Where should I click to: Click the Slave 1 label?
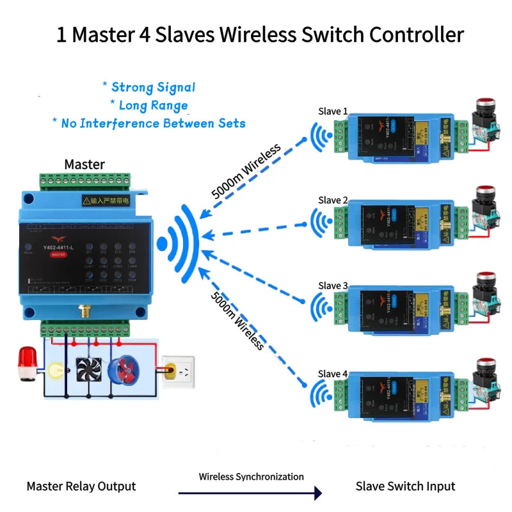pyautogui.click(x=333, y=111)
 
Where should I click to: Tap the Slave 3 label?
pyautogui.click(x=333, y=285)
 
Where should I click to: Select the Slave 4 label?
pyautogui.click(x=333, y=373)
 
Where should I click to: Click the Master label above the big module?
pyautogui.click(x=84, y=164)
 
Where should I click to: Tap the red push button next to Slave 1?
pyautogui.click(x=484, y=104)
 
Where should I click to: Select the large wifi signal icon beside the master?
pyautogui.click(x=180, y=244)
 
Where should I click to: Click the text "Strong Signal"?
pyautogui.click(x=153, y=87)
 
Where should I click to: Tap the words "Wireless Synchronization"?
pyautogui.click(x=251, y=477)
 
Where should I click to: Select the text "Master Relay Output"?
pyautogui.click(x=81, y=486)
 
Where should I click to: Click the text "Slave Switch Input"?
pyautogui.click(x=405, y=486)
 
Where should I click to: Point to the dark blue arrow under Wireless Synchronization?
pyautogui.click(x=250, y=493)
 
